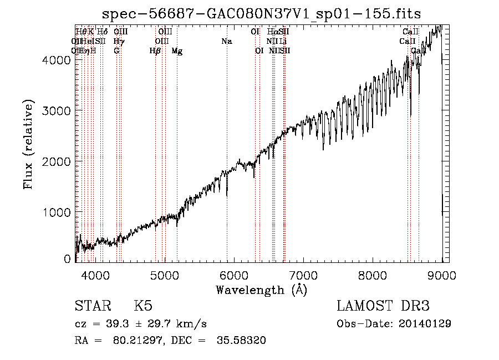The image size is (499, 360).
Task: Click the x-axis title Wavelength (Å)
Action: tap(261, 290)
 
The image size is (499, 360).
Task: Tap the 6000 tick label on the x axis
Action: tap(234, 275)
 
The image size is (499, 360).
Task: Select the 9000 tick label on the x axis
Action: tap(442, 275)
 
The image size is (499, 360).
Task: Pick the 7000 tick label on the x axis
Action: tap(303, 275)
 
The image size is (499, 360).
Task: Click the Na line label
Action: tap(226, 42)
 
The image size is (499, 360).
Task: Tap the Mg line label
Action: tap(177, 51)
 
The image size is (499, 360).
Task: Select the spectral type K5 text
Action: tap(143, 306)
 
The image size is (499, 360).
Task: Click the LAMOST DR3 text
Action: tap(383, 306)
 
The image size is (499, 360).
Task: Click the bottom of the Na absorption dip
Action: tap(227, 195)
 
